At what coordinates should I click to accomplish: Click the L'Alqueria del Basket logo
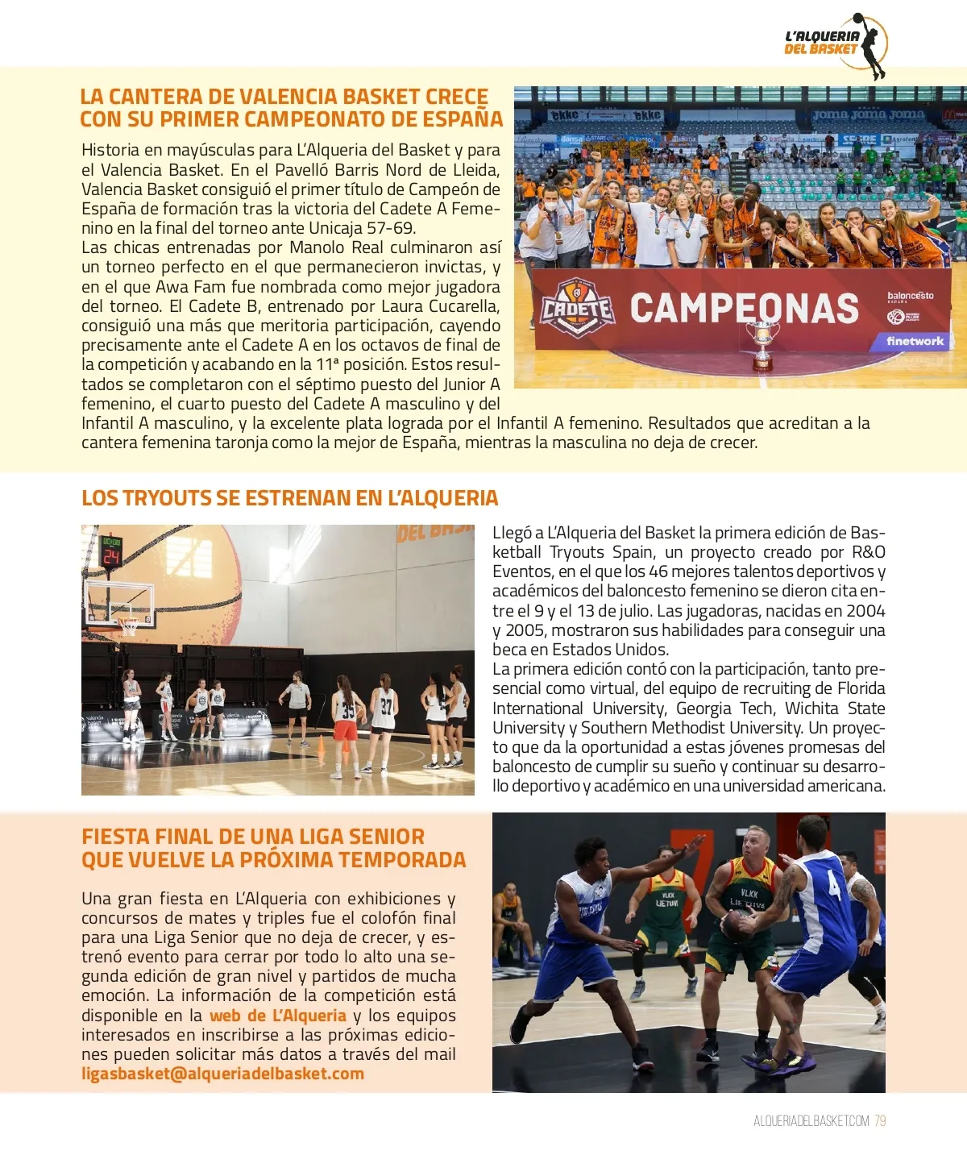coord(837,44)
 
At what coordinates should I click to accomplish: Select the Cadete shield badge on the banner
coord(577,310)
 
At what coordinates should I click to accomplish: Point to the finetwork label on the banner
coord(915,341)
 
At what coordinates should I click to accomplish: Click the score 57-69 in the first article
coord(391,228)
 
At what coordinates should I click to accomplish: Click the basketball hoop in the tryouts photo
coord(128,625)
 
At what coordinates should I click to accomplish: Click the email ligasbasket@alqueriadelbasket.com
coord(222,1074)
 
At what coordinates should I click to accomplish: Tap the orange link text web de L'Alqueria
coord(278,1016)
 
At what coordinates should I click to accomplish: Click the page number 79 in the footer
coord(880,1121)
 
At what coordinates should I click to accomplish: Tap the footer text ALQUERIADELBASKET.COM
coord(811,1121)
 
